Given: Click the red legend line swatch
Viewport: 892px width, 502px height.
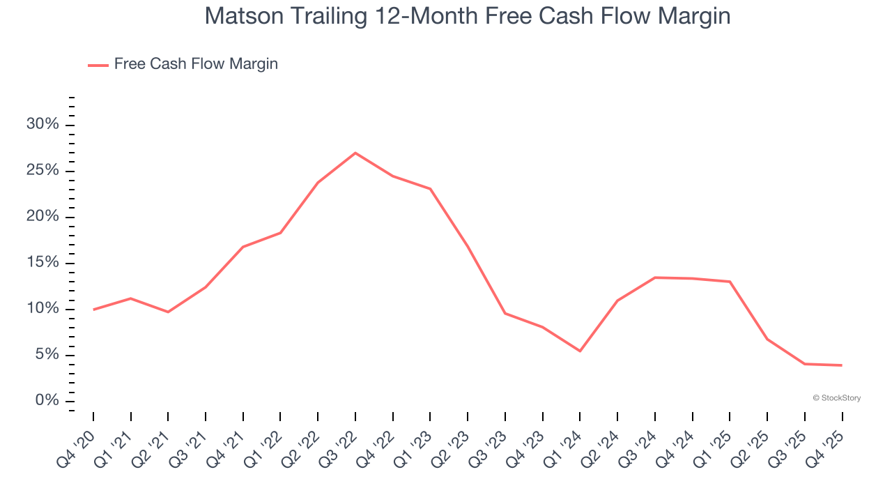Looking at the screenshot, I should (98, 65).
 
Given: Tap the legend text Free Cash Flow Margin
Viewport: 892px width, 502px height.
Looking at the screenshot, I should (196, 64).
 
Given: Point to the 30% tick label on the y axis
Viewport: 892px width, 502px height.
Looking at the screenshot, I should (43, 125).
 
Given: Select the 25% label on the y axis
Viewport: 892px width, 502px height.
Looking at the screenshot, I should (43, 171).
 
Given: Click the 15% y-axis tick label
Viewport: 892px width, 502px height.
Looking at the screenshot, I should (43, 263).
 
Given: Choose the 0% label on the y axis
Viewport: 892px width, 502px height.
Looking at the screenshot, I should (47, 401).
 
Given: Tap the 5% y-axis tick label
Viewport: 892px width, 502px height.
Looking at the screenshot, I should (47, 355).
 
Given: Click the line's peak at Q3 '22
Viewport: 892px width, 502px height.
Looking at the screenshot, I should (355, 153).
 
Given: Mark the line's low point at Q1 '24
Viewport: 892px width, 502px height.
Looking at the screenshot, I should (580, 351).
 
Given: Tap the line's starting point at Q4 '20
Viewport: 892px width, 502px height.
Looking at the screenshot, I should (93, 310).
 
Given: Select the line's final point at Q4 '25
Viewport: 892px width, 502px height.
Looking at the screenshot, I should (842, 365).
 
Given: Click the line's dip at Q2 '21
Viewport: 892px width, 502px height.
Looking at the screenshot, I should (168, 312).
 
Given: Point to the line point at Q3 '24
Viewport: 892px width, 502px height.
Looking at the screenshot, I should (655, 277).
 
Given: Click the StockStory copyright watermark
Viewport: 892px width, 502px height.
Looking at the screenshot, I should (836, 398).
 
